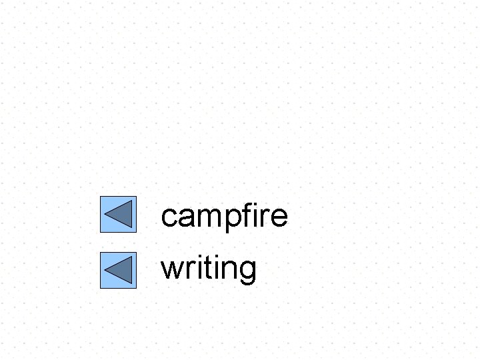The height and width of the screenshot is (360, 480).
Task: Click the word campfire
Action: coord(224,216)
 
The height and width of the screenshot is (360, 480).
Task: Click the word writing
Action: coord(209,269)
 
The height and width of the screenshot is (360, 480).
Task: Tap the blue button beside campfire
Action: coord(118,215)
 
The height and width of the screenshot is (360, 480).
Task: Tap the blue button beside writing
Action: coord(118,271)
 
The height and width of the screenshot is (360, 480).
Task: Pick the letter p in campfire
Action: coord(230,219)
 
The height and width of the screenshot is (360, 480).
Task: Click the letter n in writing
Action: coord(227,269)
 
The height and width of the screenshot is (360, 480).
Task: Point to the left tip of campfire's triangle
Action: coord(105,215)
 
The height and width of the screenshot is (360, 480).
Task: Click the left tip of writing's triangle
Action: coord(105,271)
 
